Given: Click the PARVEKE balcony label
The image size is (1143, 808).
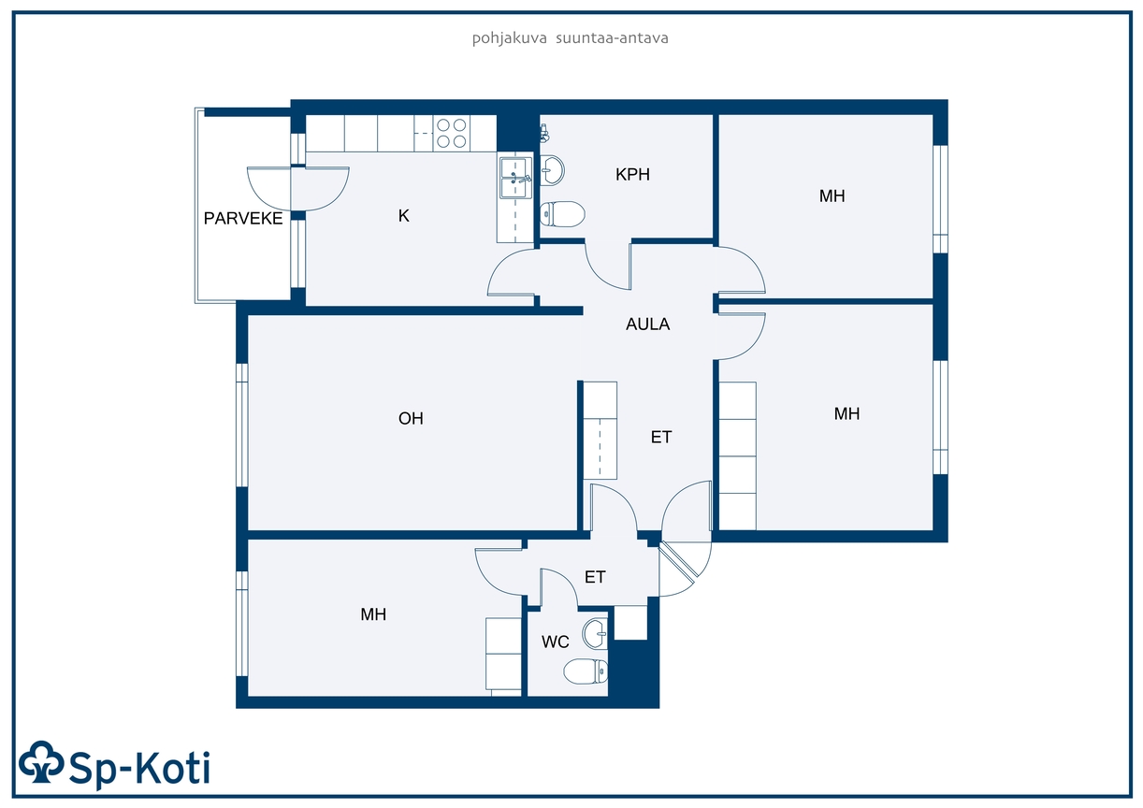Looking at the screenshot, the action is pos(243,218).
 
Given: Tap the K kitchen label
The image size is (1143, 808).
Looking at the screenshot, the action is pos(404,216).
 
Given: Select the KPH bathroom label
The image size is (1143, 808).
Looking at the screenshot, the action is pos(632,175).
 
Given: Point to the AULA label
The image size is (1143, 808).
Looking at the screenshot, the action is pos(647,324).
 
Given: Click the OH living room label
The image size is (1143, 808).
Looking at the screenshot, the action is pos(411,418).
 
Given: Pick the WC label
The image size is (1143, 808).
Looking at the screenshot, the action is pos(556,642).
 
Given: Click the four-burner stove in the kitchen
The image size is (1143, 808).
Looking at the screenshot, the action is pos(452,133).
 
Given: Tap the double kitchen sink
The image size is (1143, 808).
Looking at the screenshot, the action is pos(515,178).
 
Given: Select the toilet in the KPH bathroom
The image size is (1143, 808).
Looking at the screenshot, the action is pos(562,214).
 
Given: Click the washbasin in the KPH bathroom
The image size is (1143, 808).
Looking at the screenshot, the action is pos(552,170).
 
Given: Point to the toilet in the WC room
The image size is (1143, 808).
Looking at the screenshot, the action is pos(586,671).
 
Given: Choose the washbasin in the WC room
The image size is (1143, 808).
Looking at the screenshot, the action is pos(596,634).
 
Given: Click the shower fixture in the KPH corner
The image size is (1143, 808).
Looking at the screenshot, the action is pos(545,133).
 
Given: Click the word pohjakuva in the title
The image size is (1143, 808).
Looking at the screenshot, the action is pos(509,38).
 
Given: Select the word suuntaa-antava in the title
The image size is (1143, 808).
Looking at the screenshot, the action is pos(612,38).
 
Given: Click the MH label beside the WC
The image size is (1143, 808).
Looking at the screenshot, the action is pos(373,614).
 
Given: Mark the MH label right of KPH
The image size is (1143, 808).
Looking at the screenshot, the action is pos(832,195).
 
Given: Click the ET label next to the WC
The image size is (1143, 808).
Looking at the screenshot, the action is pos(595,577).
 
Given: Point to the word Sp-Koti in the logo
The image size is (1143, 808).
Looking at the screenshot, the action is pos(138,768).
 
